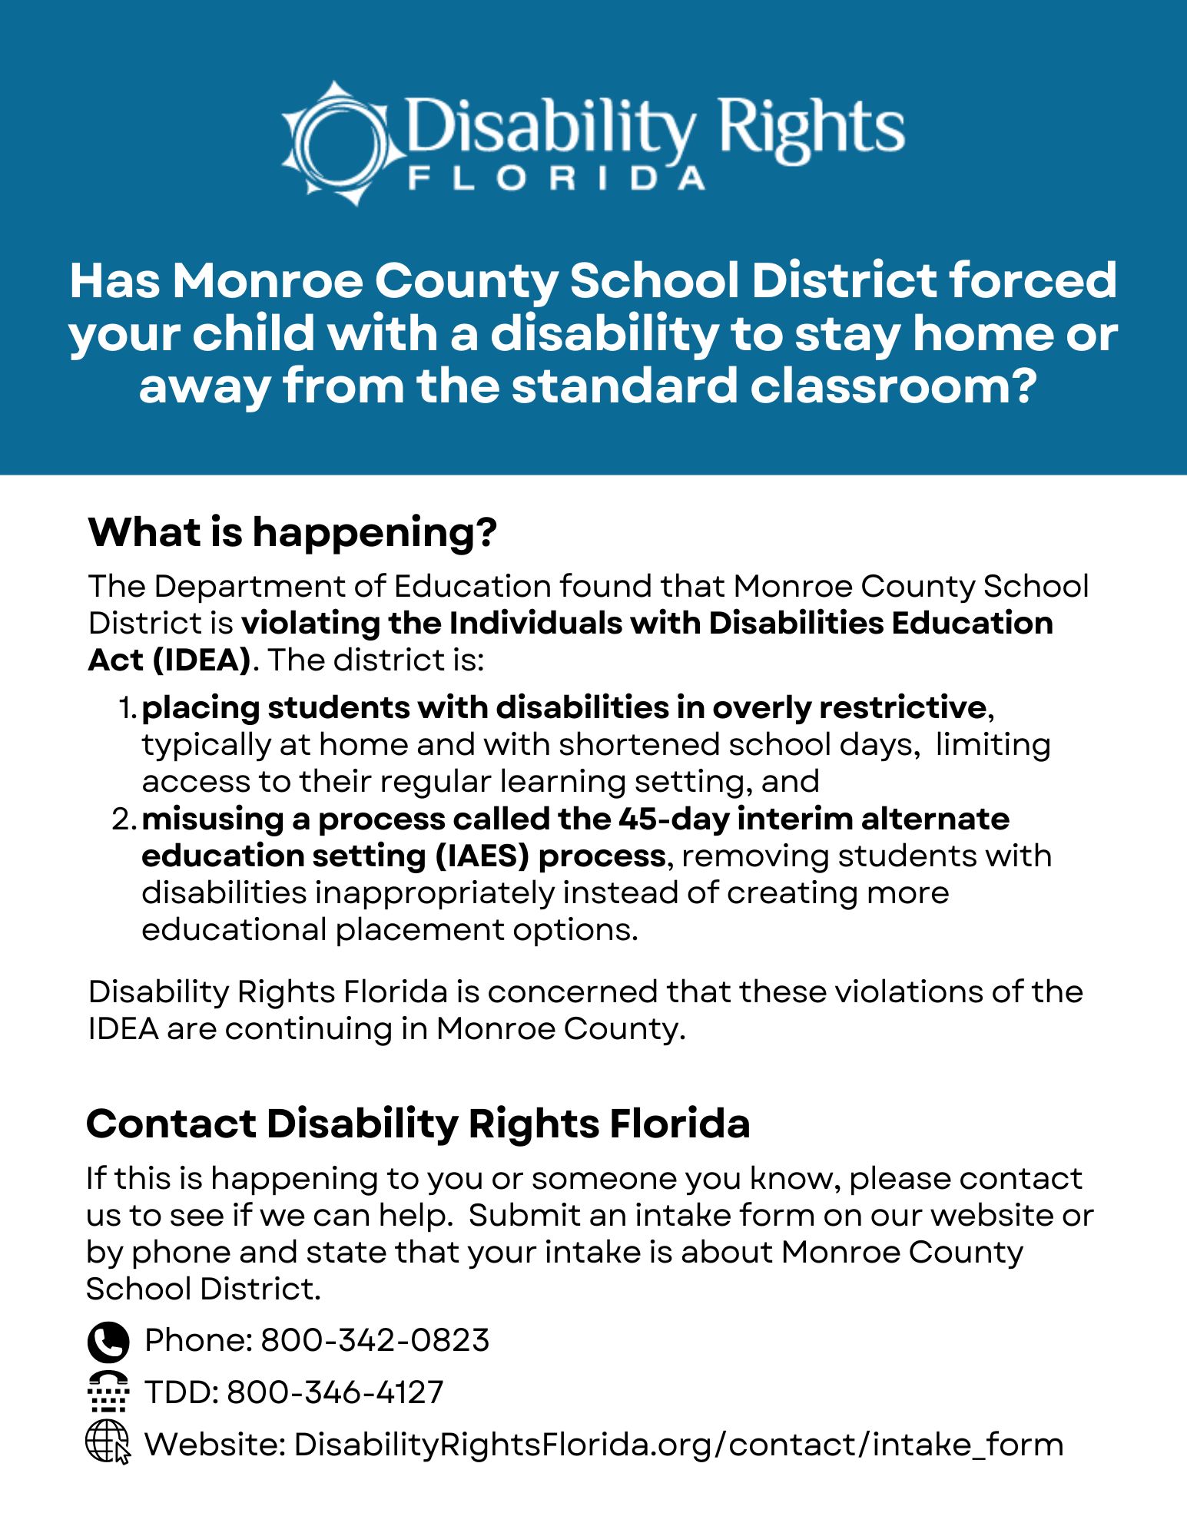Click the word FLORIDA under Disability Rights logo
(x=555, y=179)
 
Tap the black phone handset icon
(x=108, y=1342)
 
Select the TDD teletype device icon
(x=108, y=1392)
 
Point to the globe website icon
(x=108, y=1442)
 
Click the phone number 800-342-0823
(x=375, y=1340)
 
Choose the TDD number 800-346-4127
(x=335, y=1392)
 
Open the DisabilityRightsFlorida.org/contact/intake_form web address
(x=678, y=1445)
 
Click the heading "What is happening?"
(x=293, y=531)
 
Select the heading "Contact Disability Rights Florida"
(x=418, y=1124)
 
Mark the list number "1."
(x=128, y=708)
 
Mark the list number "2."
(x=124, y=819)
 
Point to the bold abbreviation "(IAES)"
(x=482, y=856)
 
